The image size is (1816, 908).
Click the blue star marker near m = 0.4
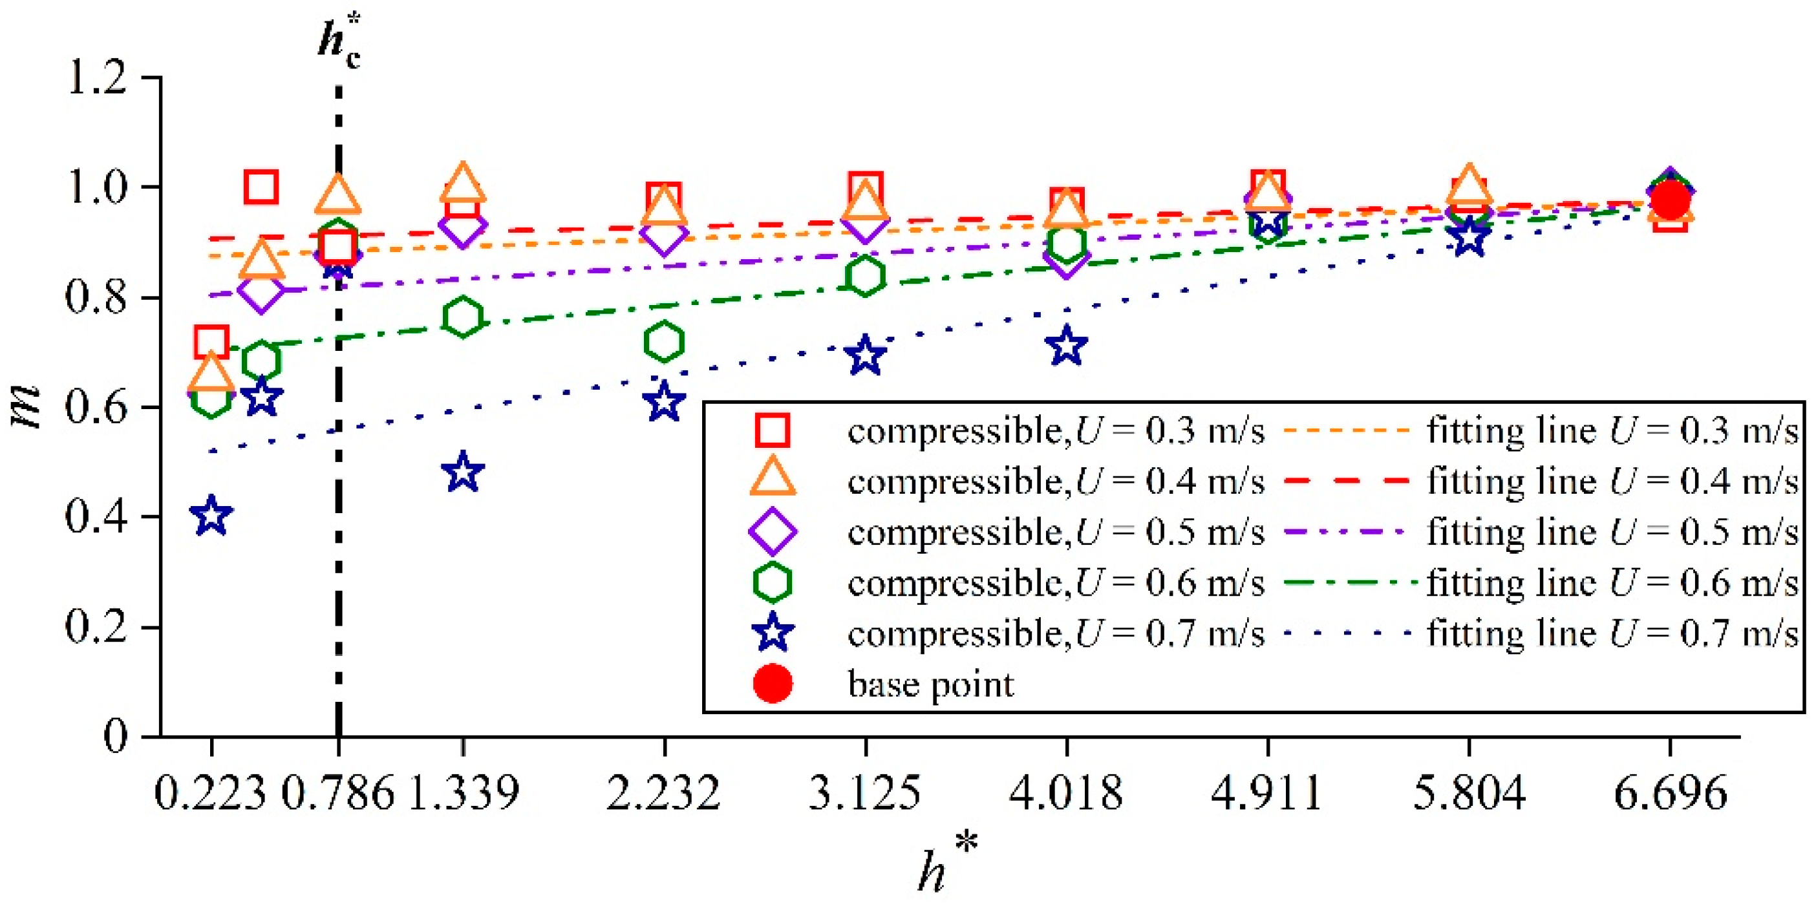[x=211, y=516]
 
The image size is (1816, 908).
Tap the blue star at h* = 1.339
[x=462, y=472]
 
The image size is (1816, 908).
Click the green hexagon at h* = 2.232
[x=663, y=342]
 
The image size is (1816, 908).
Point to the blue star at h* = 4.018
[x=1067, y=346]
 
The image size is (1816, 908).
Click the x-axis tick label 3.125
[x=864, y=793]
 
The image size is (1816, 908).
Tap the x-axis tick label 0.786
[x=337, y=793]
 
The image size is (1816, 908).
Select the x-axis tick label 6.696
[x=1670, y=793]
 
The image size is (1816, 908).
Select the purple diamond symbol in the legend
[x=773, y=531]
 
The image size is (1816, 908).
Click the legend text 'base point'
[x=930, y=684]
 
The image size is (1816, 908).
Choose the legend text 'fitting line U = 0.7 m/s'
[x=1613, y=633]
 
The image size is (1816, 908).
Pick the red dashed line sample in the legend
[x=1347, y=481]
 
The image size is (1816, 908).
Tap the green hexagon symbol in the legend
[x=773, y=582]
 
